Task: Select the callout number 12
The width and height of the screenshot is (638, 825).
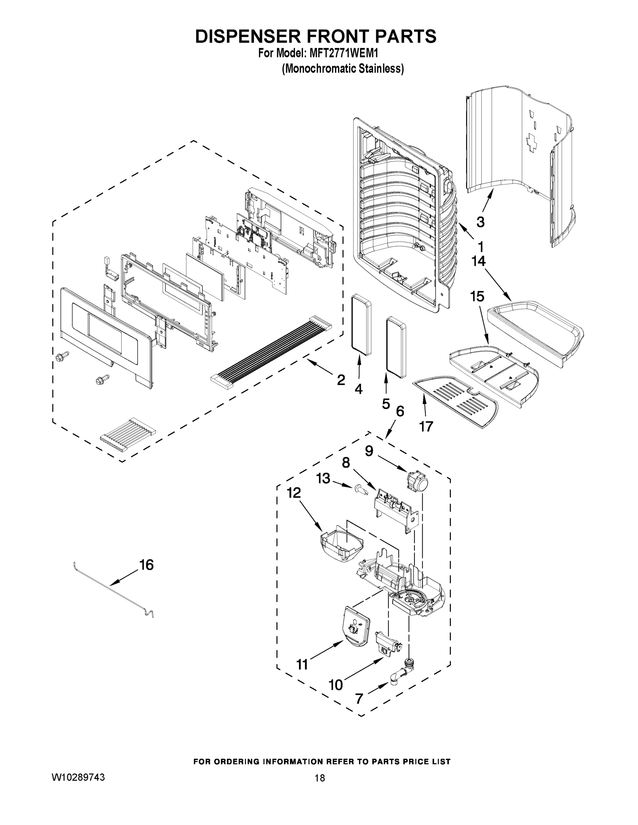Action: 294,492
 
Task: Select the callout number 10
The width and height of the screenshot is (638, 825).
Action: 336,684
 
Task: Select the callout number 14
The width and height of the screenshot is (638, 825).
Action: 478,261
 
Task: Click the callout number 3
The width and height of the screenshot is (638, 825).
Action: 480,222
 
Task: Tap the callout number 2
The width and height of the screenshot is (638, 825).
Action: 340,379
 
